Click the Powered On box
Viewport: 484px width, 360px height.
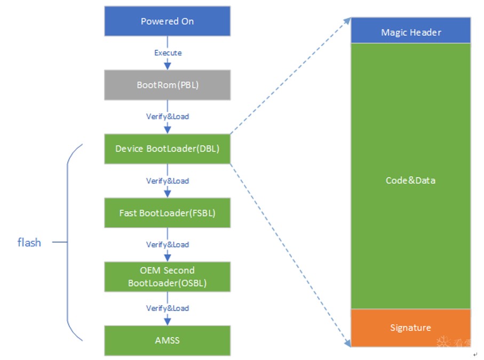tap(168, 21)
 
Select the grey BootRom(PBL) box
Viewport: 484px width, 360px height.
tap(168, 85)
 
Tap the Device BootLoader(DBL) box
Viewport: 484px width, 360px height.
tap(168, 149)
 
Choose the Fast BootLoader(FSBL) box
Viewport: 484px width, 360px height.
tap(168, 213)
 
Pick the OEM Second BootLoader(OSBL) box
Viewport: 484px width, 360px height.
tap(168, 277)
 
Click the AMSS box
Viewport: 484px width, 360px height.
tap(168, 341)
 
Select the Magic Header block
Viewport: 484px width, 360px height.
tap(411, 30)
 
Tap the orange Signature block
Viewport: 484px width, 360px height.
tap(411, 328)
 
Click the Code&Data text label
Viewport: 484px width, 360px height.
tap(410, 180)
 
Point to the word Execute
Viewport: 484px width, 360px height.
tap(168, 53)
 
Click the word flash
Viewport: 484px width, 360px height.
tap(29, 243)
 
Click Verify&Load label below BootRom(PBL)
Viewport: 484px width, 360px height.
tap(168, 117)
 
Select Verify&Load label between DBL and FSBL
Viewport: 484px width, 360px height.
tap(168, 181)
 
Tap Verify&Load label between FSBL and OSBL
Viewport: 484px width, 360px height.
tap(168, 245)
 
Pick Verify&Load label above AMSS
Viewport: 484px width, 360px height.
tap(168, 308)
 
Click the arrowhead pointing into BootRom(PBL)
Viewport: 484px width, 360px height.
tap(168, 66)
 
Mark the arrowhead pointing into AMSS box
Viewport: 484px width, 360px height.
tap(168, 322)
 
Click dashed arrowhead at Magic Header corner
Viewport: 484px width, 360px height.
tap(347, 21)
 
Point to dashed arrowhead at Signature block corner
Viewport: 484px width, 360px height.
tap(347, 343)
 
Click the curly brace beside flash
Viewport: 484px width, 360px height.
tap(67, 242)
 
